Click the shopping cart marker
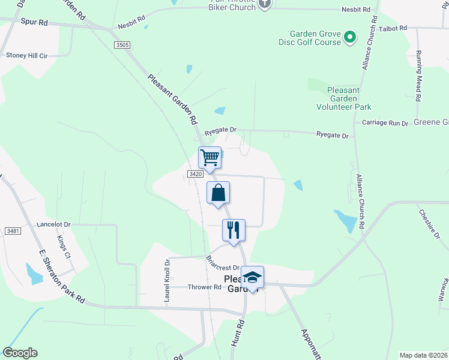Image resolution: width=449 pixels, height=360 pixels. (210, 157)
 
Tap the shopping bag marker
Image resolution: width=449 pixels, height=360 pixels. (218, 193)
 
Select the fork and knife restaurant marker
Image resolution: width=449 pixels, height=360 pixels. (233, 230)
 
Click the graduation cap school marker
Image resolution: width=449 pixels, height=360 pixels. (253, 277)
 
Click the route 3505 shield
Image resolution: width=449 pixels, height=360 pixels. (122, 44)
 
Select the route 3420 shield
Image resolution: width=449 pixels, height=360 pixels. (194, 174)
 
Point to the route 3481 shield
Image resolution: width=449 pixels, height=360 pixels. (12, 231)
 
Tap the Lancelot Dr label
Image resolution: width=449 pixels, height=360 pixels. (53, 224)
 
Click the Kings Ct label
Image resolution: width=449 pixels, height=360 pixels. (64, 247)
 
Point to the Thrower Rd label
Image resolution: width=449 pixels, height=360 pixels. (204, 287)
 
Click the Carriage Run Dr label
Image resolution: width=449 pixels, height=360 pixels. (385, 122)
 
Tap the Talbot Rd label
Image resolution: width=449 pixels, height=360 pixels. (393, 28)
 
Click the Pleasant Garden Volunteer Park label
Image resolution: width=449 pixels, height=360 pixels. (343, 98)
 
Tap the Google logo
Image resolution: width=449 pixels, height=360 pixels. (20, 353)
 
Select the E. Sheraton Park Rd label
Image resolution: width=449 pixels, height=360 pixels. (60, 277)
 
